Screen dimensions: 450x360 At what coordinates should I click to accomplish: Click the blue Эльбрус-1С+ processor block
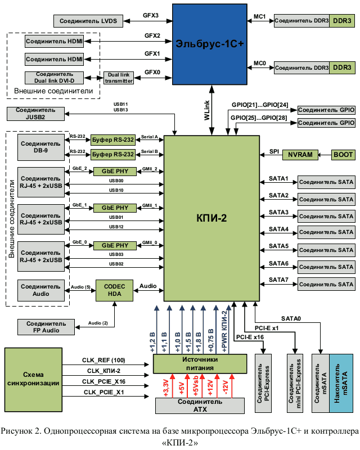(x=209, y=44)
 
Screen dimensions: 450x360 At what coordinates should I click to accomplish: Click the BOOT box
(x=343, y=154)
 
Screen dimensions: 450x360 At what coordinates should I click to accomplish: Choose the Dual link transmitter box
(x=119, y=78)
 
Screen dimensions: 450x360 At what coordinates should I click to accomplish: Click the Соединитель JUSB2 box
(x=36, y=113)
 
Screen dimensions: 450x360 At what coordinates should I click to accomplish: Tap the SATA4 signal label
(x=278, y=229)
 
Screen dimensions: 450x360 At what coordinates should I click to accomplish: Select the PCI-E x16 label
(x=250, y=337)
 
